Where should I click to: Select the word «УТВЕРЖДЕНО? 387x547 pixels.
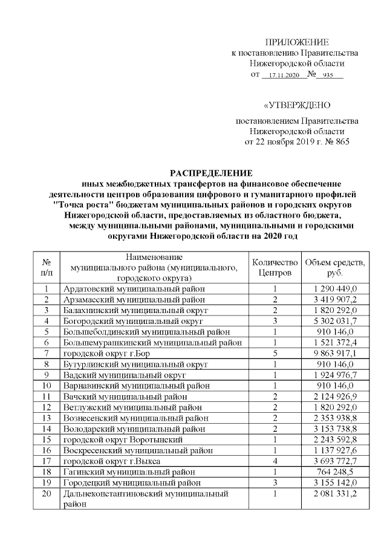297,105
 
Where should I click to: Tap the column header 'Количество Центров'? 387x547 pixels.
275,267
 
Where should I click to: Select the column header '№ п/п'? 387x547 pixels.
47,267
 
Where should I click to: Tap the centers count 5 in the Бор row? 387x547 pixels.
275,354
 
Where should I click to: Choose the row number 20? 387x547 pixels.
47,494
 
